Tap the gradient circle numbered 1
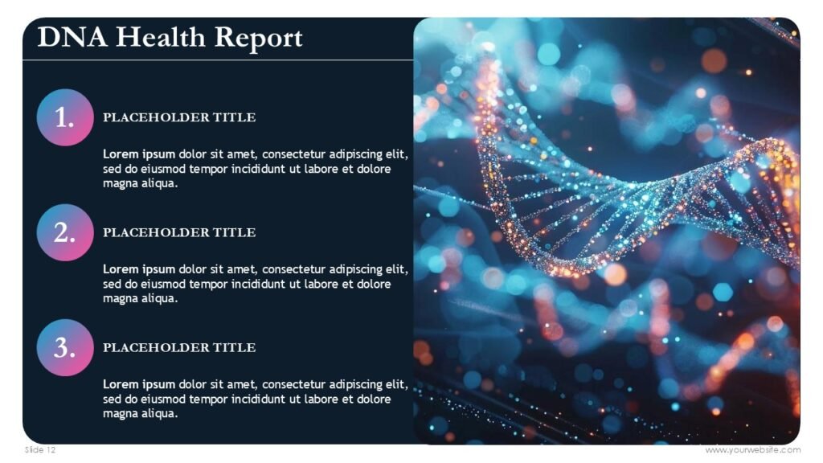[65, 117]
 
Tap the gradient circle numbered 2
[65, 232]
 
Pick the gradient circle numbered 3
[65, 347]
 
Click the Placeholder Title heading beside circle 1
[179, 117]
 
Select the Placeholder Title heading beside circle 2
[179, 232]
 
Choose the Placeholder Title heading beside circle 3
[179, 347]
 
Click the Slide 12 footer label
[40, 450]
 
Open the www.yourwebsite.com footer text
[752, 450]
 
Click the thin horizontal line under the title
[217, 60]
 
